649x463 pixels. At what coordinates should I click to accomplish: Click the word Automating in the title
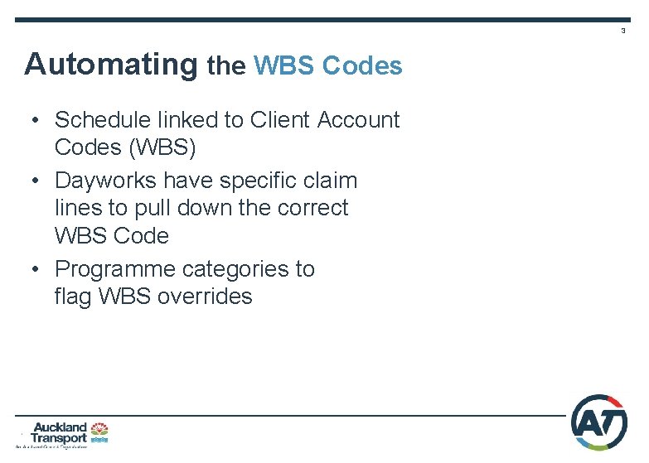coord(112,65)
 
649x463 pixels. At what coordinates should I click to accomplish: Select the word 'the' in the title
coord(226,65)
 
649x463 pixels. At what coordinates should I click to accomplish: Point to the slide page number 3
coord(623,31)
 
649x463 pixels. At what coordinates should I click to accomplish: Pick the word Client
coord(283,120)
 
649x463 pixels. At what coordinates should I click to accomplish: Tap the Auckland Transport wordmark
coord(59,432)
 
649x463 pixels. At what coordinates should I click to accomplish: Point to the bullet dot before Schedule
coord(36,121)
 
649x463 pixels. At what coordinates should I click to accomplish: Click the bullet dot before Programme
coord(36,270)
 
